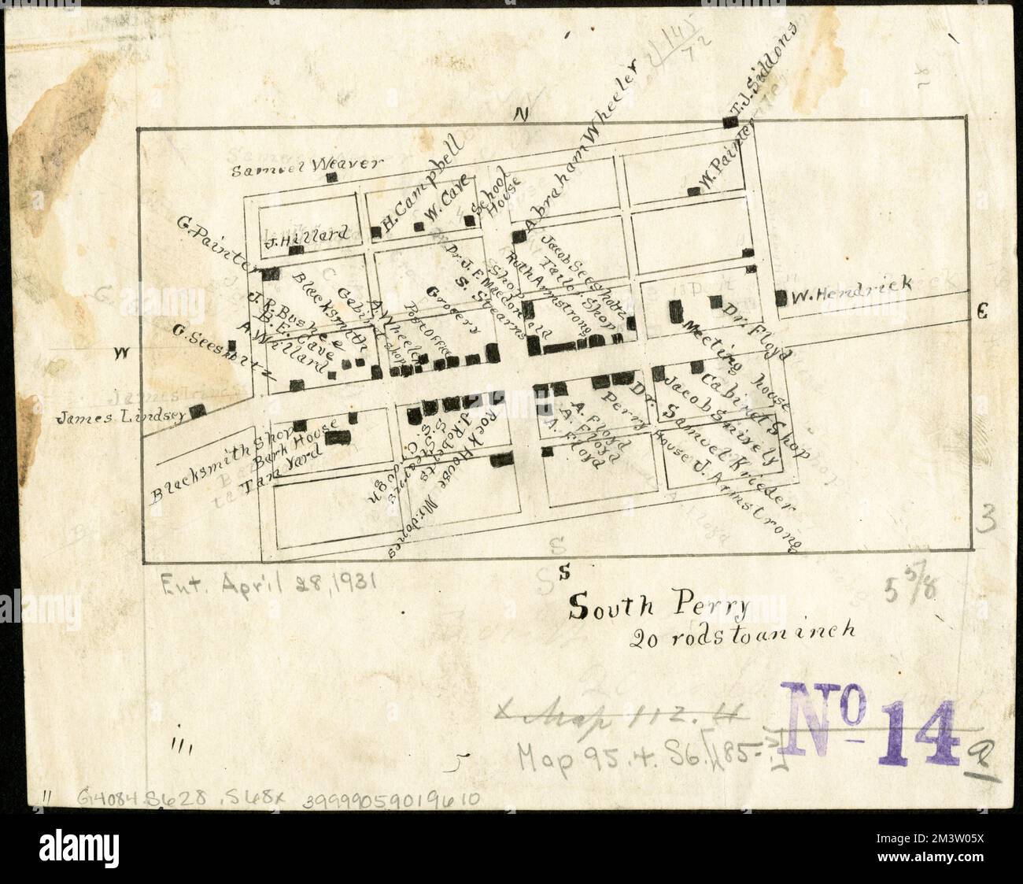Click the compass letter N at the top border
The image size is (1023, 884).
(x=520, y=115)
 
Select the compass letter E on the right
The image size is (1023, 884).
(x=981, y=313)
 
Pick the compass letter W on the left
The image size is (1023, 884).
(x=120, y=353)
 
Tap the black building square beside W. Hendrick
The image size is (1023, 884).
(x=781, y=298)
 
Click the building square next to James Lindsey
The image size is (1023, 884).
(x=198, y=410)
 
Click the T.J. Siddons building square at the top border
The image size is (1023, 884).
(x=729, y=122)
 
